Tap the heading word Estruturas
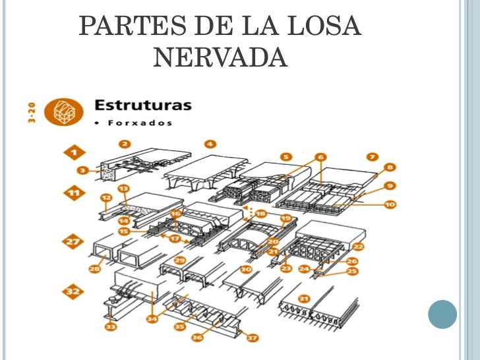tap(143, 105)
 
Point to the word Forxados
tap(134, 122)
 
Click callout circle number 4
tap(210, 143)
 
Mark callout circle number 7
tap(372, 156)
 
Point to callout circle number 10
tap(390, 204)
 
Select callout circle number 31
tap(304, 299)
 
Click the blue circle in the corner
tap(442, 315)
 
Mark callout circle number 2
tap(124, 143)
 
